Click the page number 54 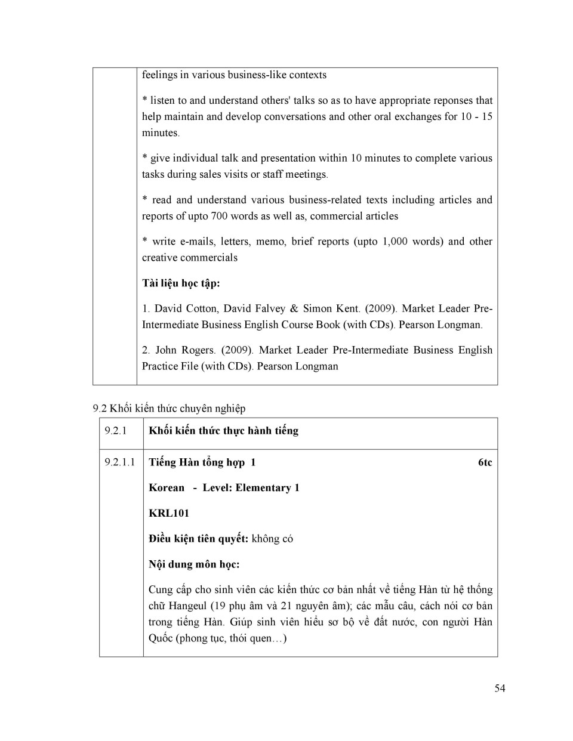click(500, 688)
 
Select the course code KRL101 click(169, 513)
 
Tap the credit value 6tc click(485, 462)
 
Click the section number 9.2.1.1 click(119, 462)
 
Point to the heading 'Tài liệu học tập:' click(181, 283)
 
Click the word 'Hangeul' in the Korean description click(187, 606)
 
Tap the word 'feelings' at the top click(159, 75)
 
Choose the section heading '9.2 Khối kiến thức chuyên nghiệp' click(169, 409)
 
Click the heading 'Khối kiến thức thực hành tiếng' click(223, 431)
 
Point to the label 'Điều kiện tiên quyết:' click(198, 539)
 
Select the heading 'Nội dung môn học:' click(194, 564)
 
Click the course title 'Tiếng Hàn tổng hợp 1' click(202, 462)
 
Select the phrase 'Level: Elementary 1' click(251, 488)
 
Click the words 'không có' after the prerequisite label click(272, 539)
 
